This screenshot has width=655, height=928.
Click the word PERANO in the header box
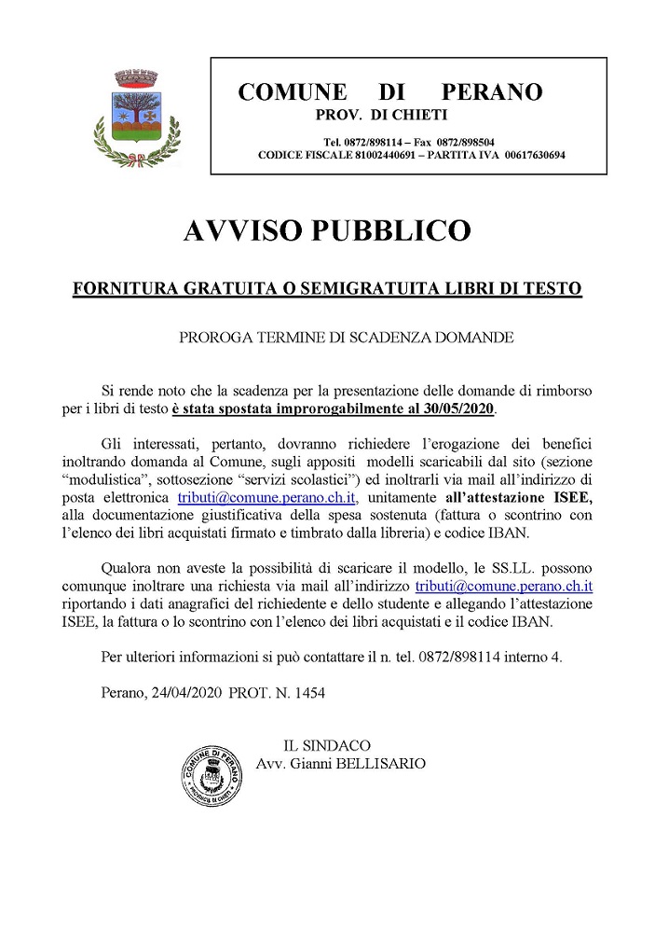(x=491, y=91)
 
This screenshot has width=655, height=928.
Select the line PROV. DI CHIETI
(x=382, y=115)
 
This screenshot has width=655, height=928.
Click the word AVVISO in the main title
(x=246, y=229)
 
